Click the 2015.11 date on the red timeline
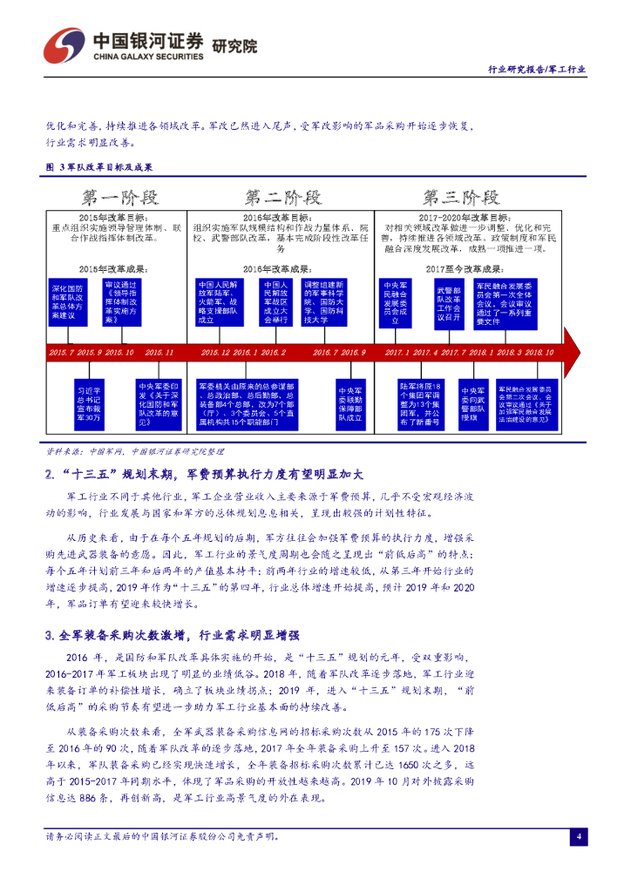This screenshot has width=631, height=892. point(159,352)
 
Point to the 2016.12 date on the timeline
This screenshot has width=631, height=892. point(215,352)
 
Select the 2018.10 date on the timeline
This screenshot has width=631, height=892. point(539,352)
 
